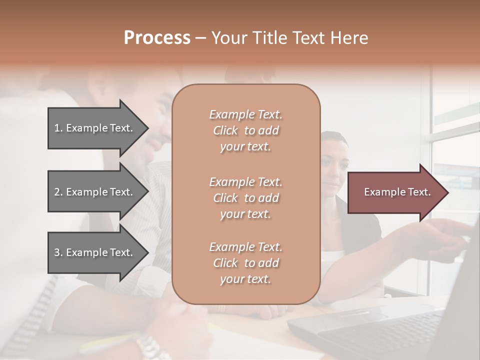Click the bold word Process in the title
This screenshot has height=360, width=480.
pyautogui.click(x=157, y=38)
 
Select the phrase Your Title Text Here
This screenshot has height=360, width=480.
pyautogui.click(x=289, y=38)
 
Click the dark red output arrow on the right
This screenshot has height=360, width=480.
pyautogui.click(x=395, y=192)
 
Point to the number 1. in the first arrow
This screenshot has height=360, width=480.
pyautogui.click(x=58, y=128)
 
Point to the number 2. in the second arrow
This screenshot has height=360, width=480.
pyautogui.click(x=58, y=192)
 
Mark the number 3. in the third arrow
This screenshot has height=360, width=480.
pyautogui.click(x=58, y=252)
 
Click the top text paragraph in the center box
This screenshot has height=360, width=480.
pyautogui.click(x=245, y=130)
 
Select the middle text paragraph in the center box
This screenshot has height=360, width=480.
pyautogui.click(x=245, y=198)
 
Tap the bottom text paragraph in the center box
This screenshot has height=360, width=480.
pyautogui.click(x=245, y=263)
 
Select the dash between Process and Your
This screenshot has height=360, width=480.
pyautogui.click(x=200, y=38)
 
